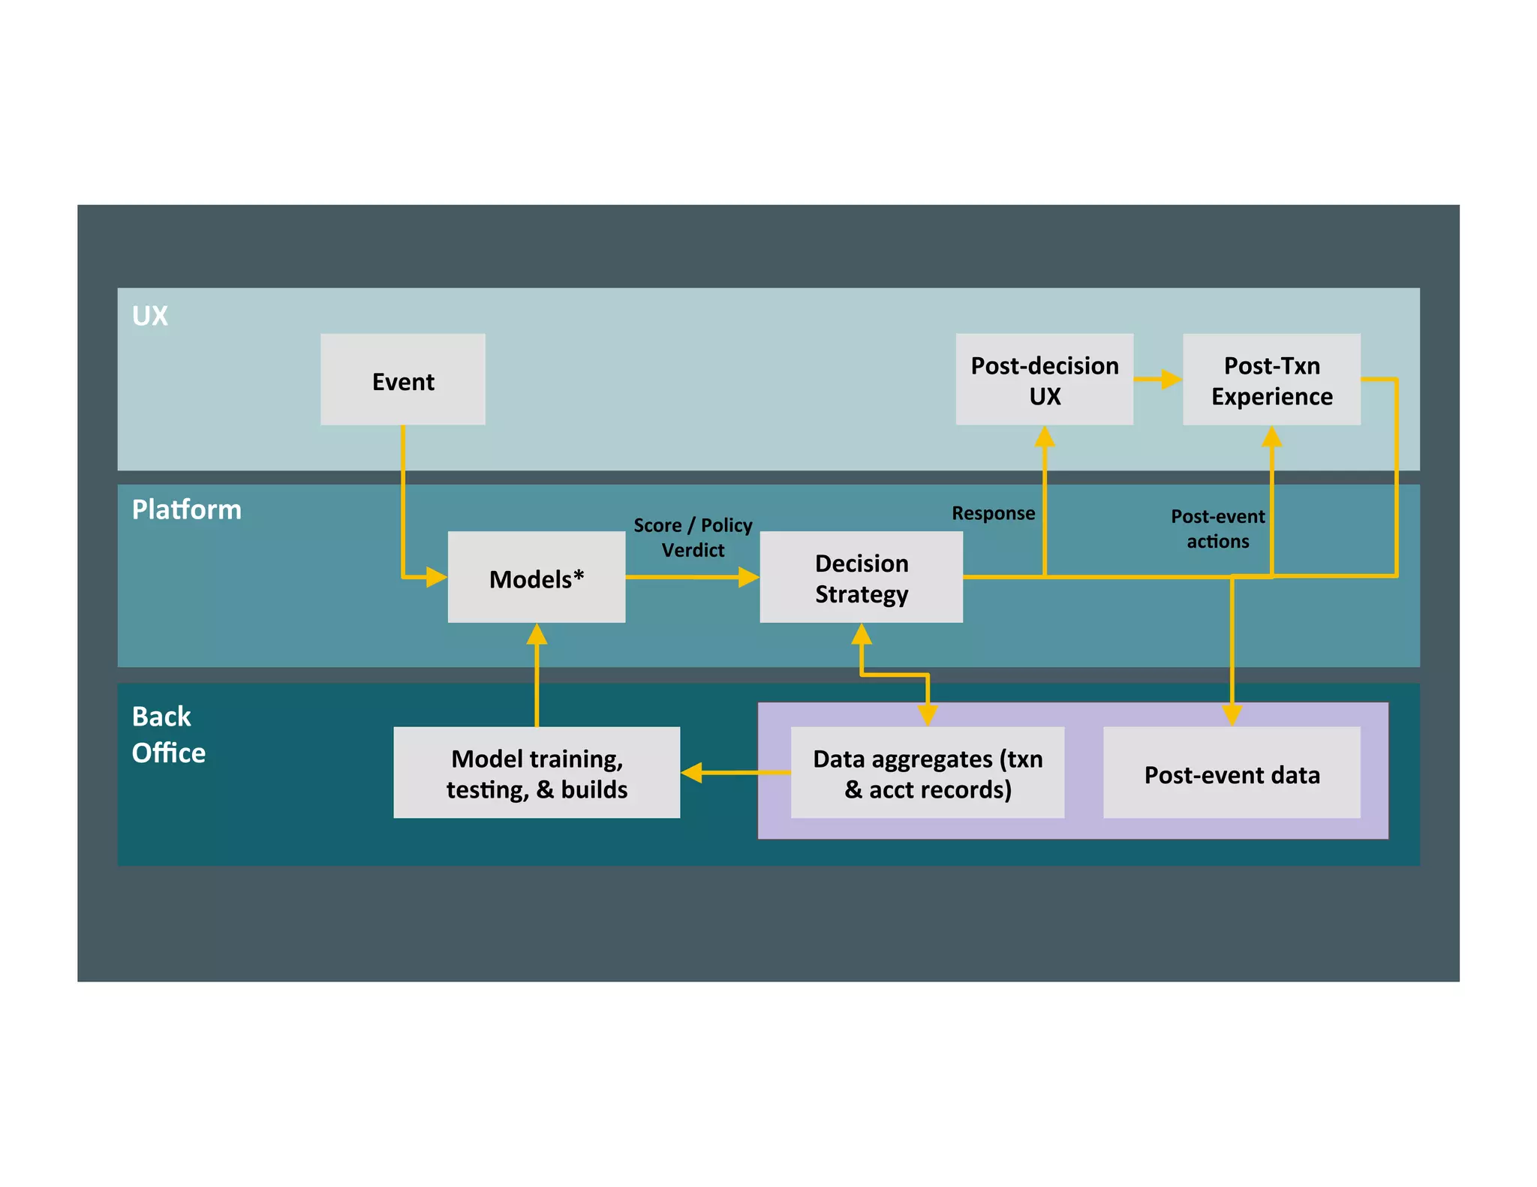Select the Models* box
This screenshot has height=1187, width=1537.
(x=536, y=578)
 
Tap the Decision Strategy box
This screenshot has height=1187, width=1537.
(x=861, y=578)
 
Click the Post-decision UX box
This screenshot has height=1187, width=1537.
(x=1044, y=380)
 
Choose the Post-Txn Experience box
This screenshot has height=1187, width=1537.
(x=1271, y=380)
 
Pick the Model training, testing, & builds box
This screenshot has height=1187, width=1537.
(x=536, y=773)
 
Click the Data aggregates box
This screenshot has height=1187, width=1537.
(x=928, y=773)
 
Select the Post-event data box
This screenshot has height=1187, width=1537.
(x=1231, y=773)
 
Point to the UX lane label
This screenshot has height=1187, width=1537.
(x=149, y=316)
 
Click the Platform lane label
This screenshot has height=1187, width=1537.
(x=186, y=509)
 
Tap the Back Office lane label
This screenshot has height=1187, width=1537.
(x=167, y=734)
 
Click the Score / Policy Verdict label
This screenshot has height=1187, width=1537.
(x=692, y=536)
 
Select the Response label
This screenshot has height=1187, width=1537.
(x=992, y=513)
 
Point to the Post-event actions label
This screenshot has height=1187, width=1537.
(x=1217, y=528)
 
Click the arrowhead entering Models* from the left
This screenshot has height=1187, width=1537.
(x=437, y=577)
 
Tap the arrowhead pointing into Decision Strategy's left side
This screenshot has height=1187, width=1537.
(x=749, y=577)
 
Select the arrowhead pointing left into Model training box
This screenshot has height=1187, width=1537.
(x=692, y=772)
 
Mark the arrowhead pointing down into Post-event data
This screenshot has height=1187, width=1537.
(x=1232, y=714)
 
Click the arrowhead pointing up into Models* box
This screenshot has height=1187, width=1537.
(x=537, y=635)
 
